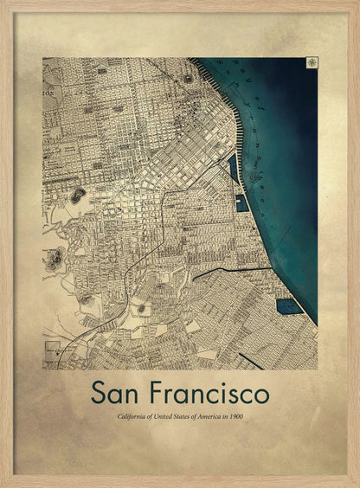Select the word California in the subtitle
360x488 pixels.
[x=134, y=417]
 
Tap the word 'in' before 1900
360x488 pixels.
[x=222, y=417]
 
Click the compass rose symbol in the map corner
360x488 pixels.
[x=310, y=62]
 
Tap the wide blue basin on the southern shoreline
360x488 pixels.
[x=286, y=305]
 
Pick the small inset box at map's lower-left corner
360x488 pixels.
[x=51, y=351]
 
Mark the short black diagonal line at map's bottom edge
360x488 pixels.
[x=251, y=360]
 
